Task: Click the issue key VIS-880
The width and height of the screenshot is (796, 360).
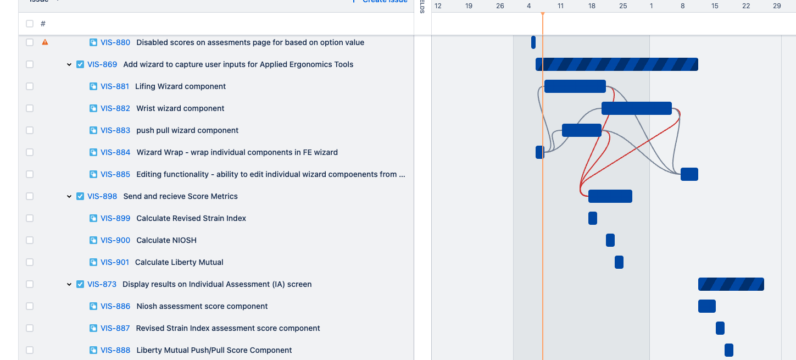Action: (115, 42)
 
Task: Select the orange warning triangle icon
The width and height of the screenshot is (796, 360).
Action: (45, 42)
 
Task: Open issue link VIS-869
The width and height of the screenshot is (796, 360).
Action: (102, 64)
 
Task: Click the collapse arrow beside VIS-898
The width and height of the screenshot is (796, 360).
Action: (69, 196)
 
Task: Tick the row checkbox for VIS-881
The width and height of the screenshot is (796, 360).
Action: (30, 86)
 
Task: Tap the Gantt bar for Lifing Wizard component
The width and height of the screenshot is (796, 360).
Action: (575, 86)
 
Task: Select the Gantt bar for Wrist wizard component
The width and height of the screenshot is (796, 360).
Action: (636, 108)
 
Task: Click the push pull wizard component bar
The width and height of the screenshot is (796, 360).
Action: (581, 130)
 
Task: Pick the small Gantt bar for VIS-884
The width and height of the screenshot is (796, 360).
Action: (539, 152)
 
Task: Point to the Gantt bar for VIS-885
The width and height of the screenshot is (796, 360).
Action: (689, 174)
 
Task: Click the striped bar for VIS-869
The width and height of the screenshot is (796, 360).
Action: (616, 64)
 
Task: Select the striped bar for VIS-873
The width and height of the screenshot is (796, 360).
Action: (731, 284)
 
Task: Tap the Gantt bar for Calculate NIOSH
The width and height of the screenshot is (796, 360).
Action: (610, 240)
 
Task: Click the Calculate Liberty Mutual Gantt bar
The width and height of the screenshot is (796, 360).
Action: (619, 262)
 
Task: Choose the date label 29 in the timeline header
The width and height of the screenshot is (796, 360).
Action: (777, 5)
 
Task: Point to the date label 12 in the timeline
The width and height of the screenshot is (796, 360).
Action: (438, 5)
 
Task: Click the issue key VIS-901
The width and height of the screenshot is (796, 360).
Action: (115, 262)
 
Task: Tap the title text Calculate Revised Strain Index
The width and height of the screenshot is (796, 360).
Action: (191, 218)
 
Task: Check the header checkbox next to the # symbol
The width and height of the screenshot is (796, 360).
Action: (30, 24)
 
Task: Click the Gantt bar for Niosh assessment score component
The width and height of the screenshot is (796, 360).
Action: (706, 306)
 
